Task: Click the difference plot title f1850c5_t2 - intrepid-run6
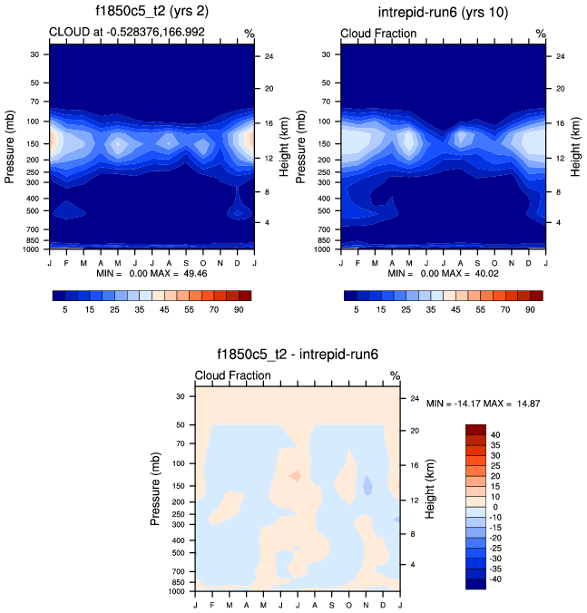pyautogui.click(x=298, y=356)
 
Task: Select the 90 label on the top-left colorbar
pyautogui.click(x=244, y=309)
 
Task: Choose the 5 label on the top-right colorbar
pyautogui.click(x=357, y=309)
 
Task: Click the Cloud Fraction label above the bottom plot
pyautogui.click(x=233, y=375)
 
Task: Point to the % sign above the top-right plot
pyautogui.click(x=540, y=34)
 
